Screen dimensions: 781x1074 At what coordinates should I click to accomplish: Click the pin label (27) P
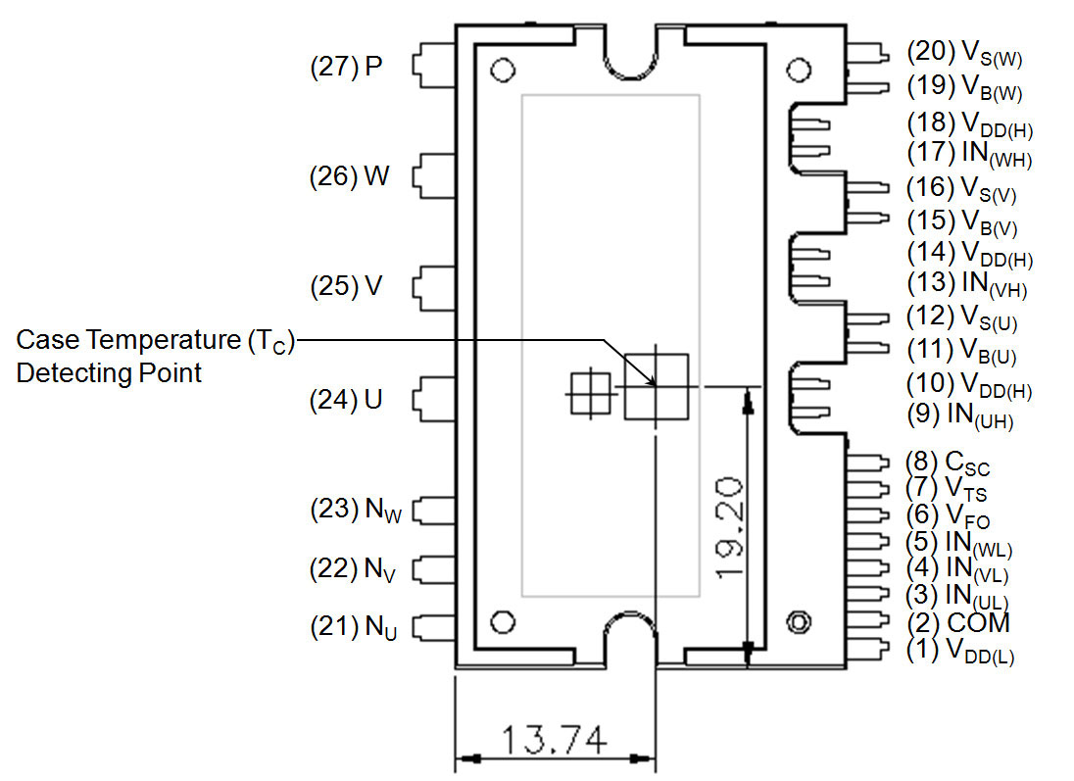click(345, 67)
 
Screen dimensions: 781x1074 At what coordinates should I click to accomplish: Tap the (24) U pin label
click(346, 400)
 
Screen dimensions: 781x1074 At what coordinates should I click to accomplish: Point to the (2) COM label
click(958, 622)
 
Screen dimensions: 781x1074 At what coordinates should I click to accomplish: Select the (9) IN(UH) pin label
click(959, 415)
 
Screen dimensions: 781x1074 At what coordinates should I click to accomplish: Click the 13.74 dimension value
click(553, 739)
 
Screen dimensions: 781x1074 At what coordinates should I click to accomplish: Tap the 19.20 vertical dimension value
click(730, 526)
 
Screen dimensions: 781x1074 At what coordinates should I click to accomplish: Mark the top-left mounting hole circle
click(503, 71)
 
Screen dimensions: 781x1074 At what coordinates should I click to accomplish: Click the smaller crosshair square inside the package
click(591, 394)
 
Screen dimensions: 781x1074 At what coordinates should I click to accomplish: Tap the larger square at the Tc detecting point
click(657, 387)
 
